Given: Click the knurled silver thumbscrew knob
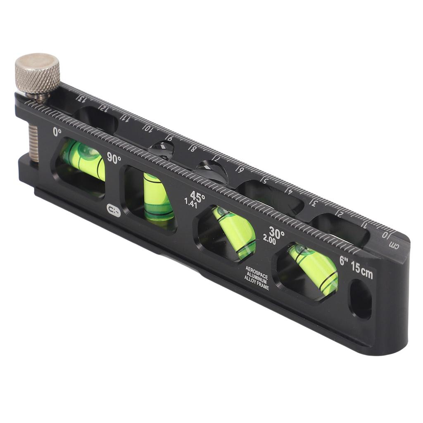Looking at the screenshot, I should (x=37, y=73).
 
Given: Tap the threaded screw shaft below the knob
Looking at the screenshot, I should (x=33, y=143).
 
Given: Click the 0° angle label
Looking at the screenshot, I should (x=57, y=132).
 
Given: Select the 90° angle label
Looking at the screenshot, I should (x=114, y=158).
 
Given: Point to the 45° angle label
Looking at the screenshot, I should (x=197, y=196).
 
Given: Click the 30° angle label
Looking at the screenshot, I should (x=276, y=233).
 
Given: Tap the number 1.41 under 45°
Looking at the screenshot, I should (x=190, y=203).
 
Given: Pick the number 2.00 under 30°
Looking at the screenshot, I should (x=269, y=240).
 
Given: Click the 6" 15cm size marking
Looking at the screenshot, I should (x=356, y=267).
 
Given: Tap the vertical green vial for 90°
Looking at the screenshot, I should (x=158, y=197).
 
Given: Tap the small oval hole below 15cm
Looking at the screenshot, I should (x=360, y=299).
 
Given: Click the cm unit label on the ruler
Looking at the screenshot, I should (x=395, y=245).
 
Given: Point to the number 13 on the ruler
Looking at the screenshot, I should (x=81, y=99).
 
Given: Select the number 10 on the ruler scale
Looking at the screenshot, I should (x=147, y=128).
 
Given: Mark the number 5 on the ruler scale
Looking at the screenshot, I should (x=264, y=180).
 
